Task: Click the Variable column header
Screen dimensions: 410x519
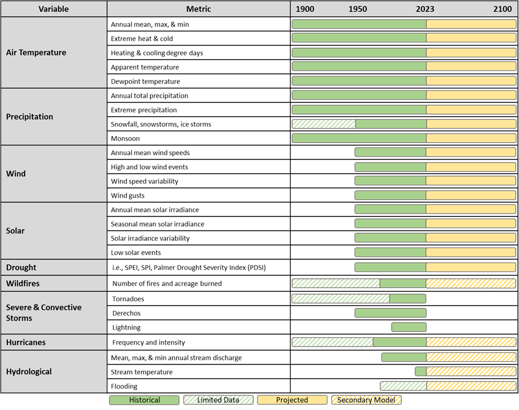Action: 54,9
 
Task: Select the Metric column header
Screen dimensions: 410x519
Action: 198,9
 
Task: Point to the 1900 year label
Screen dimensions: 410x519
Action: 305,9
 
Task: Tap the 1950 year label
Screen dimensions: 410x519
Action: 358,9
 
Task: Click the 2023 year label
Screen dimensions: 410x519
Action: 425,9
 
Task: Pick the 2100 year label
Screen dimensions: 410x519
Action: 502,9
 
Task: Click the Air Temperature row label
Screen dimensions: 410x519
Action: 36,52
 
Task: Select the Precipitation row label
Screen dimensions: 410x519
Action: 30,117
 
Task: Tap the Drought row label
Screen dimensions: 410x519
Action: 21,267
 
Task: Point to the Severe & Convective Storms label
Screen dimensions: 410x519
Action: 44,313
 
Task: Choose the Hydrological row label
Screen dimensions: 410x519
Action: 29,371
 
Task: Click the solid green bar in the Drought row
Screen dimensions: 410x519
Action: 390,267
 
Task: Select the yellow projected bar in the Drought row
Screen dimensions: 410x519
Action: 471,267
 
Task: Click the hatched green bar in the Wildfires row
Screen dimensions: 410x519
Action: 336,283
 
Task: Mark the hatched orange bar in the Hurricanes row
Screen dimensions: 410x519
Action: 471,342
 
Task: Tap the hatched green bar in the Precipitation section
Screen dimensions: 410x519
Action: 324,124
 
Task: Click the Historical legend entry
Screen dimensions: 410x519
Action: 144,400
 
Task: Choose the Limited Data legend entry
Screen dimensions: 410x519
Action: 218,400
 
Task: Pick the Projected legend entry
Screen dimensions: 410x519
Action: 292,400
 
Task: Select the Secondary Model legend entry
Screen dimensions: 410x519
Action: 366,400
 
